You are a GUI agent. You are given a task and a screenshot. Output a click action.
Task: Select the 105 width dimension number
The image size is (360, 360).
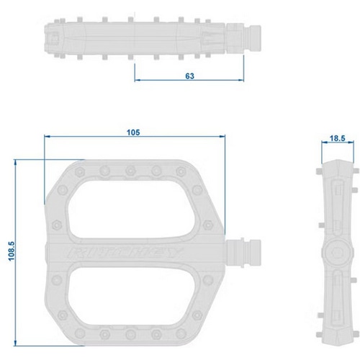point(132,131)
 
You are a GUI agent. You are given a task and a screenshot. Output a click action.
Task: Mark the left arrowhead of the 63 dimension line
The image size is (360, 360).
point(136,81)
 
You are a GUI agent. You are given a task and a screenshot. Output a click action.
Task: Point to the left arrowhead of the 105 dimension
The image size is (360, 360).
point(45,138)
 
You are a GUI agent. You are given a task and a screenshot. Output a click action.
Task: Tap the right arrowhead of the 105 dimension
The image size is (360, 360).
point(222,138)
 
